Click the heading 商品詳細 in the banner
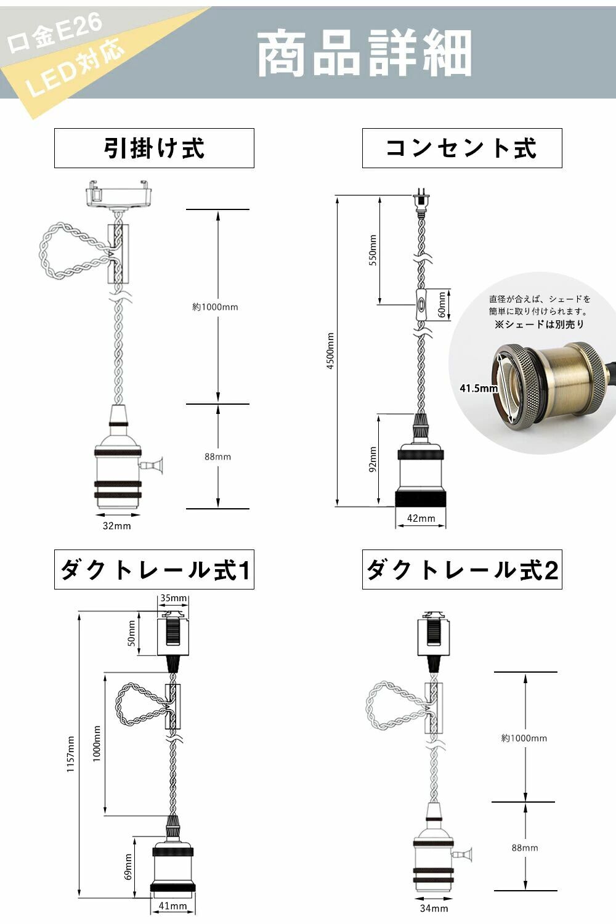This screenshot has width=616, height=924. point(364,54)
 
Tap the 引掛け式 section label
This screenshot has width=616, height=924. point(154,148)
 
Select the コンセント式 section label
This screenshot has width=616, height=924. point(462,148)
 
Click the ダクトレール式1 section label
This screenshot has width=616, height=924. point(154,570)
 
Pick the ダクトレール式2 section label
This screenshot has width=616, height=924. point(462,570)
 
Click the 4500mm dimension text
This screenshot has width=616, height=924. point(330,351)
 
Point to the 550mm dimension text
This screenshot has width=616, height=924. point(373,249)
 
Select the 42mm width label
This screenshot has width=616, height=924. point(421,519)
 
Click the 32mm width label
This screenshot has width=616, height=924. point(116,525)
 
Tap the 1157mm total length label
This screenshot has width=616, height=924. point(71,754)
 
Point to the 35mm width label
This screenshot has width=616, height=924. point(173,598)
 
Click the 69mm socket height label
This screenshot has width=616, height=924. point(129,867)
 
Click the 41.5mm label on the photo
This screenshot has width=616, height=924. point(479,388)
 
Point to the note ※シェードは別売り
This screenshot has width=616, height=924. point(539,324)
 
